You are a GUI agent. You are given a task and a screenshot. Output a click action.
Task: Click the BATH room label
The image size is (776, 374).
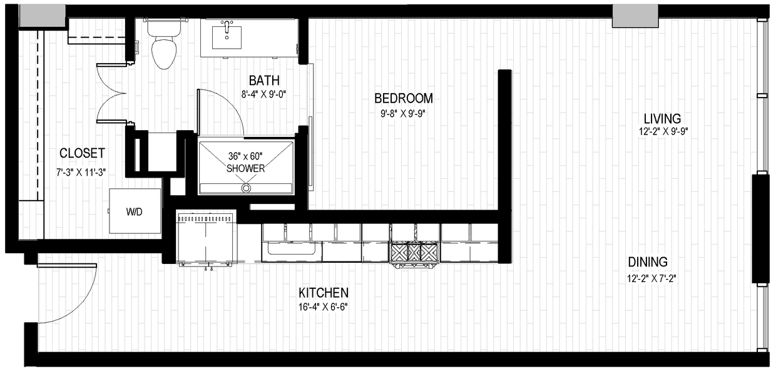point(264,80)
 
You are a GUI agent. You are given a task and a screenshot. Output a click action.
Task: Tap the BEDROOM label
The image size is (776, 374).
point(404,98)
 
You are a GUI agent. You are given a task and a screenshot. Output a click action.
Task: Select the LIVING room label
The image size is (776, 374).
point(663,119)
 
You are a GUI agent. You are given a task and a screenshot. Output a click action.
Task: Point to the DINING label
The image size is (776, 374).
point(648,262)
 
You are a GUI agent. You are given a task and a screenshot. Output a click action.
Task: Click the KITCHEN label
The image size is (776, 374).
point(323,293)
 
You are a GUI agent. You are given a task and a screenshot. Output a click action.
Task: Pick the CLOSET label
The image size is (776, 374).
point(82,153)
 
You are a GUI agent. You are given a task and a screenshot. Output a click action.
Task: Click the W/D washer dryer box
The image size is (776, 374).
point(135,211)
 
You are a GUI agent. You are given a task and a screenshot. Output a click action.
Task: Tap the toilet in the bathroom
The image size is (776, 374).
point(165,50)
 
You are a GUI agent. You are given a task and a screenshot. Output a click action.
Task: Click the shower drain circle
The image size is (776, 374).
point(246,187)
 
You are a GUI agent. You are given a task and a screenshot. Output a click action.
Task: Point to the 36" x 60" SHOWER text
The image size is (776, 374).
point(245,163)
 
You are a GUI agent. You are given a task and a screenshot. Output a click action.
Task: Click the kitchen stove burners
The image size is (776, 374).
point(414,252)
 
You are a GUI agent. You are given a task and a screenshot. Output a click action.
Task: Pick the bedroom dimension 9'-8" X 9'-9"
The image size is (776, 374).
point(404,113)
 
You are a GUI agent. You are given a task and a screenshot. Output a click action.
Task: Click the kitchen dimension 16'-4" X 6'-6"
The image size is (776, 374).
point(323,307)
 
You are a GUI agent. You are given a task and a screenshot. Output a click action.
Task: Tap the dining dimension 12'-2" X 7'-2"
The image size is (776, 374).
point(648,278)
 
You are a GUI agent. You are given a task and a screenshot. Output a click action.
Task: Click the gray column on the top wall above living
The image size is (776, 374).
point(635,17)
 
